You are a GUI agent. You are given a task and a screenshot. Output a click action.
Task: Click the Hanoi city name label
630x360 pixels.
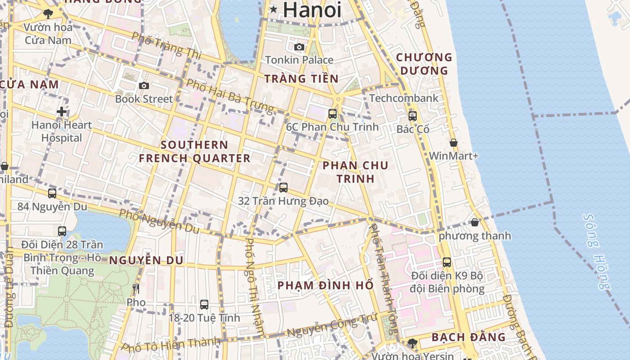tap(312, 9)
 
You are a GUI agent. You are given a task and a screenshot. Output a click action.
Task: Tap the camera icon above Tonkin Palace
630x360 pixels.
tap(299, 46)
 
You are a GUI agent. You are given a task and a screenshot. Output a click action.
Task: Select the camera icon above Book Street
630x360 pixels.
tap(144, 85)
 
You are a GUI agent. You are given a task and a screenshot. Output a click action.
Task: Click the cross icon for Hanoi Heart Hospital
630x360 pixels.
tap(62, 112)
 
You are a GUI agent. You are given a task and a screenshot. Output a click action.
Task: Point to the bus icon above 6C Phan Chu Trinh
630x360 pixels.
tap(333, 113)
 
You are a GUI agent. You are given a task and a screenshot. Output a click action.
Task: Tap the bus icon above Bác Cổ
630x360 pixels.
tap(413, 116)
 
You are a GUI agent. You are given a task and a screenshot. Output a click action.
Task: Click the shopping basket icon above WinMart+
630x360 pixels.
tap(454, 143)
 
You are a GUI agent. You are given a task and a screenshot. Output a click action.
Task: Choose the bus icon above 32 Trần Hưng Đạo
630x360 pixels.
tap(283, 187)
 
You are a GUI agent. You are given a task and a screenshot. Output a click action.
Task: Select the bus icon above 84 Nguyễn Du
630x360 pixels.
tap(52, 193)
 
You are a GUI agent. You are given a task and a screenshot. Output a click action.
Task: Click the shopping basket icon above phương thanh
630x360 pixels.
tap(475, 222)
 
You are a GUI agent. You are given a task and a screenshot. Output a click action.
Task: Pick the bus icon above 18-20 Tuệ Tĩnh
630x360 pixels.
tap(204, 304)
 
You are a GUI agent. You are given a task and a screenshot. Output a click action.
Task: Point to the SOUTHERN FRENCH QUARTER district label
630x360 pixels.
tap(194, 152)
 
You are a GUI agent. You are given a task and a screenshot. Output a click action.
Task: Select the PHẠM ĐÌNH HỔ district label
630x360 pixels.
tap(325, 285)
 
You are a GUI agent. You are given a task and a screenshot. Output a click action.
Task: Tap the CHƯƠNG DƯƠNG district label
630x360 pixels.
tap(424, 64)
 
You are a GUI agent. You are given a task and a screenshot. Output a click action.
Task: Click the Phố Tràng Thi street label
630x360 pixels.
tap(167, 45)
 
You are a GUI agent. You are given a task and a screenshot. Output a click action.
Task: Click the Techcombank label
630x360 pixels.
tap(404, 98)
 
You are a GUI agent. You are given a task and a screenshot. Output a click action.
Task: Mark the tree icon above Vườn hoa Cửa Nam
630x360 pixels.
tap(48, 14)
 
